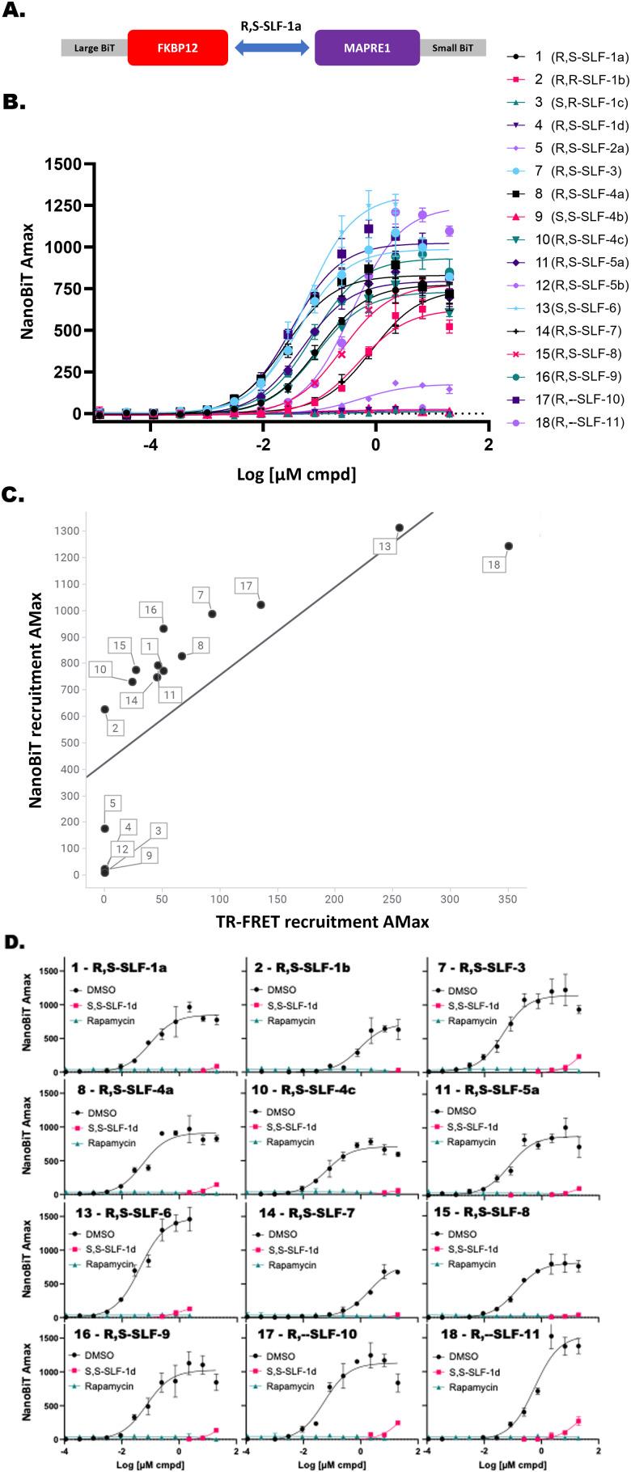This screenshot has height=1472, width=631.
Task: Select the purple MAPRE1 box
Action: click(366, 48)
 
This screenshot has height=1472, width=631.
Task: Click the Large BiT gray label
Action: click(94, 48)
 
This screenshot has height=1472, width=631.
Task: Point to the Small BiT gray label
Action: click(452, 48)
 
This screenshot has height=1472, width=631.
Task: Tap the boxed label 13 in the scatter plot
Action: click(385, 547)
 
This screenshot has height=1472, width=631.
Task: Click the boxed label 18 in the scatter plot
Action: click(493, 564)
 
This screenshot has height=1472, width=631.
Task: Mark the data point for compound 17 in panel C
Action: click(260, 605)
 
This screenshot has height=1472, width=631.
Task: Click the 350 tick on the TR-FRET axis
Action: click(507, 899)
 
